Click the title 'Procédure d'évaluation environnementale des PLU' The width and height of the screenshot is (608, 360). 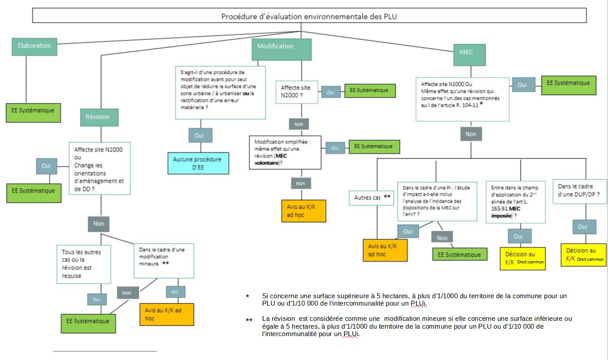[309, 17]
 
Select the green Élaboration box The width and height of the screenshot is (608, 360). [34, 46]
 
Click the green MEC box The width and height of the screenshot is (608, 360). [466, 52]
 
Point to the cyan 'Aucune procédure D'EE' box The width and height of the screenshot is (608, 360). [199, 163]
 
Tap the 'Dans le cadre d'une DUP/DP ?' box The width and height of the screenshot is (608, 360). [579, 190]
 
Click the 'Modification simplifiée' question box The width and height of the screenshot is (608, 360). [285, 152]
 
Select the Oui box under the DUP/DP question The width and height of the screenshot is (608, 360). [582, 227]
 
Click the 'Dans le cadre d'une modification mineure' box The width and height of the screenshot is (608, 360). [163, 260]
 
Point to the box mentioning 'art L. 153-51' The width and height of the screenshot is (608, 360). [516, 202]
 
